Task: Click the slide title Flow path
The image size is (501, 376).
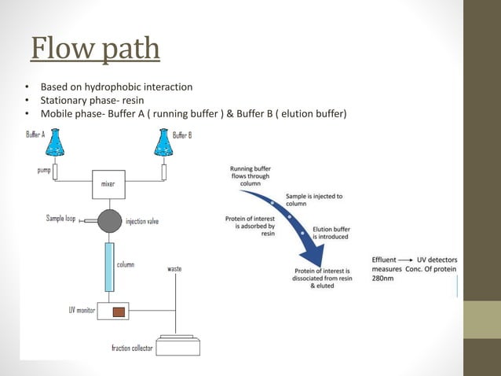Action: tap(95, 48)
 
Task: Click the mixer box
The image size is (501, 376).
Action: tap(108, 184)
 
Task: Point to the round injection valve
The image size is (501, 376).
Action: tap(110, 220)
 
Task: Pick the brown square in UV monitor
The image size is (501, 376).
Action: tap(119, 311)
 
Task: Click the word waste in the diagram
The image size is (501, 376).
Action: tap(174, 269)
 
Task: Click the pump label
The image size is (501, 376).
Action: tap(43, 169)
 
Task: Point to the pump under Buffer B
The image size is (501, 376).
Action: tap(164, 171)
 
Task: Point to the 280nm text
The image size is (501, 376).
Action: tap(384, 278)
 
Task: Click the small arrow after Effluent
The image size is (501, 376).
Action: tap(415, 260)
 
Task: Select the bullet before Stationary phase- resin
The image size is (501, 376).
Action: tap(27, 101)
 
